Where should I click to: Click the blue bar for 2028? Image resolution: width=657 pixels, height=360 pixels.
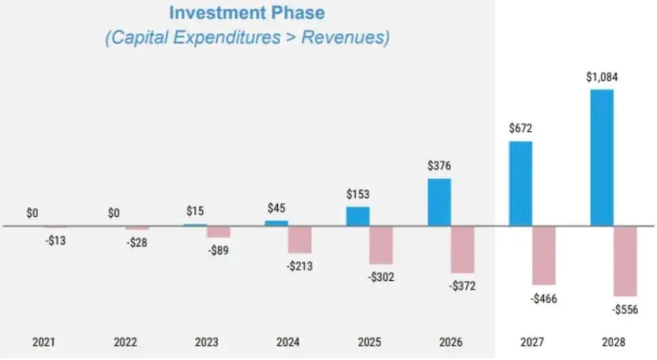click(602, 158)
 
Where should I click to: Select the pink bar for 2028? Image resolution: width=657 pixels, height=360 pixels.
click(625, 261)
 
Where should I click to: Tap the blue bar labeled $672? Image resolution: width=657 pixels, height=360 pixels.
click(520, 183)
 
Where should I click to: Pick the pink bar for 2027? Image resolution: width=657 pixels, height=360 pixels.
click(544, 255)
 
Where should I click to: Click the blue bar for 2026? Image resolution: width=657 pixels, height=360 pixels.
click(439, 202)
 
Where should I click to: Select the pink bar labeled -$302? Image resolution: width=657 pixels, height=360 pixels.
click(381, 245)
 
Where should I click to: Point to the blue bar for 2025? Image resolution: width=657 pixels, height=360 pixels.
click(358, 216)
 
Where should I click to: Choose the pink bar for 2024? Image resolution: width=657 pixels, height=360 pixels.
click(300, 239)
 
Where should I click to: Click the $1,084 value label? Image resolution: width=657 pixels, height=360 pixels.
click(602, 77)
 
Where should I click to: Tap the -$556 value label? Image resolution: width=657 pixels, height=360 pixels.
click(625, 309)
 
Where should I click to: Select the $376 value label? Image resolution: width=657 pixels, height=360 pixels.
click(439, 166)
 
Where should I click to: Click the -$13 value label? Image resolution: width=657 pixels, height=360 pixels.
click(55, 241)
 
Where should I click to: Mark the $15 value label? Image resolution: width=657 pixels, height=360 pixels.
click(196, 211)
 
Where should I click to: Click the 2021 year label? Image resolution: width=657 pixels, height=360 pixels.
click(43, 342)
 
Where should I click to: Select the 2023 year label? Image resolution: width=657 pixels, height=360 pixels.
click(207, 342)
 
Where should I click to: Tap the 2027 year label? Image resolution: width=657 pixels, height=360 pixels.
click(532, 342)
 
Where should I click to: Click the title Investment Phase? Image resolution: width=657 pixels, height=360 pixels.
click(247, 13)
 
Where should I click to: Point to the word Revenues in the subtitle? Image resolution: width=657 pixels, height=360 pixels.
click(344, 37)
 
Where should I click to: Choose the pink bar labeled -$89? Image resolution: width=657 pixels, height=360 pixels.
click(218, 232)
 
